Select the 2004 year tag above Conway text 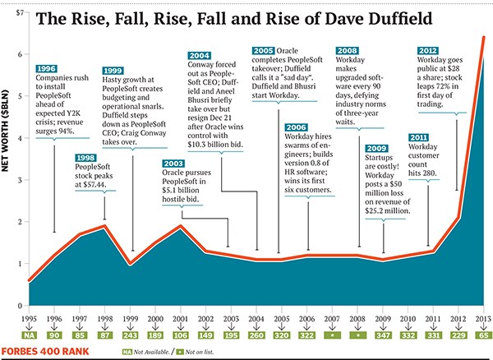205,46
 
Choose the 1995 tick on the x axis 30,318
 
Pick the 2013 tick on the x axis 483,318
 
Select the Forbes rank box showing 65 483,334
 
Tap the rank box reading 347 382,334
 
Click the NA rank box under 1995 30,334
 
